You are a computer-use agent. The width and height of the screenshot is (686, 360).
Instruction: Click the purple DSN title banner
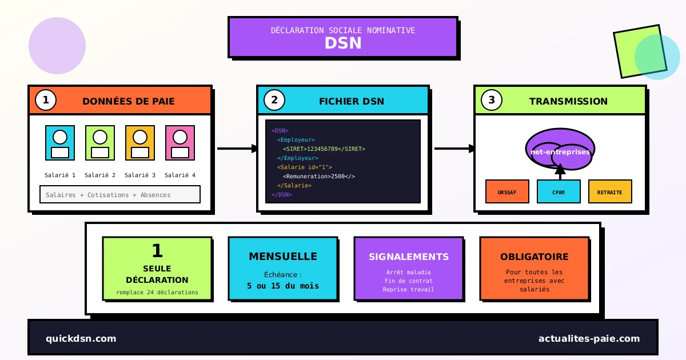343,37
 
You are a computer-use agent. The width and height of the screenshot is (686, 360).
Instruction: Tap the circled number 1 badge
46,100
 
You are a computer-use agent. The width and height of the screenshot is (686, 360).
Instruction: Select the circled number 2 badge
274,100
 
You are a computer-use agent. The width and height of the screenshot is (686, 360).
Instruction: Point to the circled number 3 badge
492,100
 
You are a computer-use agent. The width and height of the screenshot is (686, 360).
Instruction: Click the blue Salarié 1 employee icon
60,143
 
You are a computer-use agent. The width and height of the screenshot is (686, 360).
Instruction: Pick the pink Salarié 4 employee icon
180,143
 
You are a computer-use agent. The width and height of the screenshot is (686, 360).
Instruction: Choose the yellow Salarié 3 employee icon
140,143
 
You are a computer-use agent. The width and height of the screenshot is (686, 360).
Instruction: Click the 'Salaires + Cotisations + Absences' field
119,194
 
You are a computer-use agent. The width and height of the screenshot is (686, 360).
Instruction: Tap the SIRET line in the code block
324,149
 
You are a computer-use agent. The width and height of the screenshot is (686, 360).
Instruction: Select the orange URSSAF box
507,191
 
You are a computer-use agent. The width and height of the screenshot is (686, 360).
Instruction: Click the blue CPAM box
559,191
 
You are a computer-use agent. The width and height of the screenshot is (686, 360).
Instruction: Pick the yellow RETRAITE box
610,191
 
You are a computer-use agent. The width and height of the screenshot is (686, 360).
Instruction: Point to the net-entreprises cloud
560,150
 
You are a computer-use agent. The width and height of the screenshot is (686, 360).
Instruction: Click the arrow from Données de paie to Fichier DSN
237,149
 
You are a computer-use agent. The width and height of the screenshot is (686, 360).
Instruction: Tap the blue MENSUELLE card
282,269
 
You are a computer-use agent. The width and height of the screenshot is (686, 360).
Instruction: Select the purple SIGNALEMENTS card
408,269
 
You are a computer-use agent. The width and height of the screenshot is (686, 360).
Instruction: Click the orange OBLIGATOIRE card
534,269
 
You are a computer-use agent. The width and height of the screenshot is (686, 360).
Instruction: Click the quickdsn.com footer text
81,338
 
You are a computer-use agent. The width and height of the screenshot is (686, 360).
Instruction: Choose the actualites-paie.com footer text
589,338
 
